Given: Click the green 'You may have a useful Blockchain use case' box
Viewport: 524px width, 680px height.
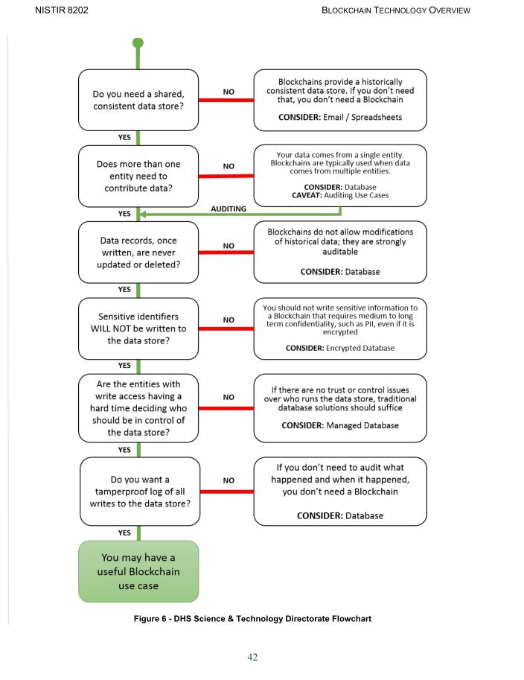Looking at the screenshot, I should click(138, 571).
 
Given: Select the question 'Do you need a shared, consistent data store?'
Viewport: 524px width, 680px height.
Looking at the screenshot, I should click(138, 101).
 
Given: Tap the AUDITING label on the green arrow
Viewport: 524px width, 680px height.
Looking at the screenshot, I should click(229, 209).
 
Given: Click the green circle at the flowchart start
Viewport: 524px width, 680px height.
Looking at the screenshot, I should click(138, 43).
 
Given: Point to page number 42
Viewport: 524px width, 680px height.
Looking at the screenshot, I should click(252, 657).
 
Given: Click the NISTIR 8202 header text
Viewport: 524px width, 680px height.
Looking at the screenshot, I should click(56, 10).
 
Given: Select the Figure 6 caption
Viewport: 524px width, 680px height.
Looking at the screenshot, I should click(252, 619).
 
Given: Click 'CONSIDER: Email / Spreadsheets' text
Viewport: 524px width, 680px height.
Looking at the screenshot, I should click(340, 118).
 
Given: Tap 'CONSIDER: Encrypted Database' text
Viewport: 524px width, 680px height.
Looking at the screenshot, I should click(340, 348).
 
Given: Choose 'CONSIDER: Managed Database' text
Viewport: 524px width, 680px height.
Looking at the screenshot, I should click(340, 425).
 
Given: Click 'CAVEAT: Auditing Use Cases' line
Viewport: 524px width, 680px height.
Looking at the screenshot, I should click(340, 195).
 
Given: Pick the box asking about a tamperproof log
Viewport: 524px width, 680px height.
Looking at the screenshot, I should click(139, 492).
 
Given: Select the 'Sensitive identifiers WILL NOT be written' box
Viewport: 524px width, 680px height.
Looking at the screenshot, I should click(138, 328).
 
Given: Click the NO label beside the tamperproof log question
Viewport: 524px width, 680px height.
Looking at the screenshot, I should click(229, 480).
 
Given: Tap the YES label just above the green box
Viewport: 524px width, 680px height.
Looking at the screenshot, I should click(124, 533).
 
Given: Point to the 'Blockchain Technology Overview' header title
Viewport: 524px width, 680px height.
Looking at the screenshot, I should click(396, 10).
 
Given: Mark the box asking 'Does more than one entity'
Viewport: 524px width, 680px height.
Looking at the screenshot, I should click(138, 176).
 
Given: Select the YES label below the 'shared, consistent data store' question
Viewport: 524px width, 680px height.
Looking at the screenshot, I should click(124, 137).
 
